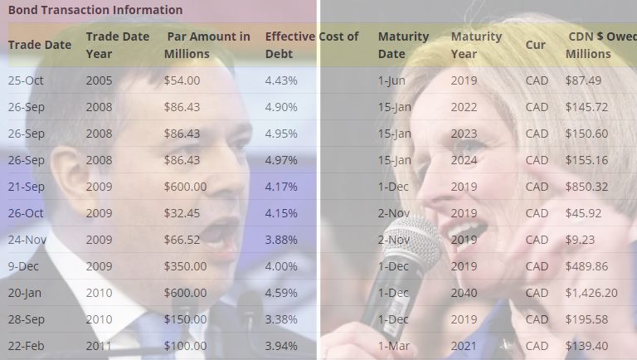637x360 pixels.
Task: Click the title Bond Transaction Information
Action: (95, 10)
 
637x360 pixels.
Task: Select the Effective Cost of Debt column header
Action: (312, 45)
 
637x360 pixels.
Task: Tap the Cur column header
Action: (536, 45)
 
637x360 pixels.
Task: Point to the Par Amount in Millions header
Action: (207, 45)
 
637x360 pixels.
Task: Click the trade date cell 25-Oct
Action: (26, 80)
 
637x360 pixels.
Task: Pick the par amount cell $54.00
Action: (182, 80)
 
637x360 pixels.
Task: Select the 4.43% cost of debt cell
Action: (280, 80)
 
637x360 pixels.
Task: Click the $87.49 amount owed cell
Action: (583, 80)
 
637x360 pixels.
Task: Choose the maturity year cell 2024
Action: (464, 160)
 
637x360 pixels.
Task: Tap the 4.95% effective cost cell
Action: (280, 134)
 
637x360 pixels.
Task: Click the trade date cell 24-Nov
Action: (27, 240)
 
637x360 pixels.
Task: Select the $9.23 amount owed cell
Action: (580, 240)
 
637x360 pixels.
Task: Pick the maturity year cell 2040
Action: (464, 293)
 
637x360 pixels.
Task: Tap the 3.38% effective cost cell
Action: (280, 319)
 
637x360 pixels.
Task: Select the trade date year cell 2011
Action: (99, 346)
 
